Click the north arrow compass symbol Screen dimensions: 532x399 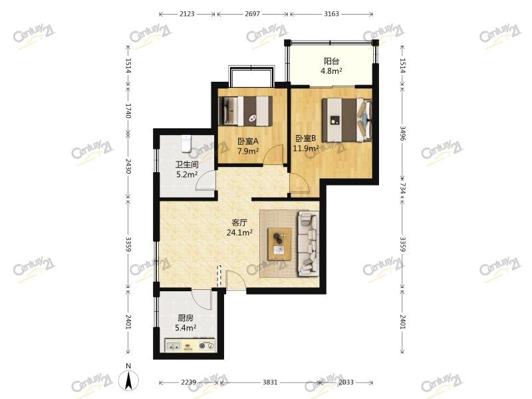coord(128,380)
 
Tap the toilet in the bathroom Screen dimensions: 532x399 coord(186,143)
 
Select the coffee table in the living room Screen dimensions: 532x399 coord(279,244)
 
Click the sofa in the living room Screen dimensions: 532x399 coord(308,243)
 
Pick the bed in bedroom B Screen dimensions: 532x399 coord(346,120)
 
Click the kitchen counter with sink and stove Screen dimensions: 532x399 coord(190,345)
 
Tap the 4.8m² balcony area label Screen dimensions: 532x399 coord(331,71)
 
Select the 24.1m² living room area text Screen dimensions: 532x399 coord(239,232)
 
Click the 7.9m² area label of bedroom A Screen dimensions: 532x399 coord(248,151)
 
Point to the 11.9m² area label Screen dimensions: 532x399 coord(306,148)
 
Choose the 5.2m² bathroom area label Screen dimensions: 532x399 coord(187,175)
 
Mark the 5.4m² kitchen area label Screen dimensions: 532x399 coord(186,328)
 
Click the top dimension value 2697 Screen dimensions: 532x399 coord(252,14)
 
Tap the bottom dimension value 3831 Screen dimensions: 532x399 coord(270,382)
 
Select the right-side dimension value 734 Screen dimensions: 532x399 coord(402,188)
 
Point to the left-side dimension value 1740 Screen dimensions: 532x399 coord(128,110)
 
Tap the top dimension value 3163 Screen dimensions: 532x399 coord(331,14)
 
